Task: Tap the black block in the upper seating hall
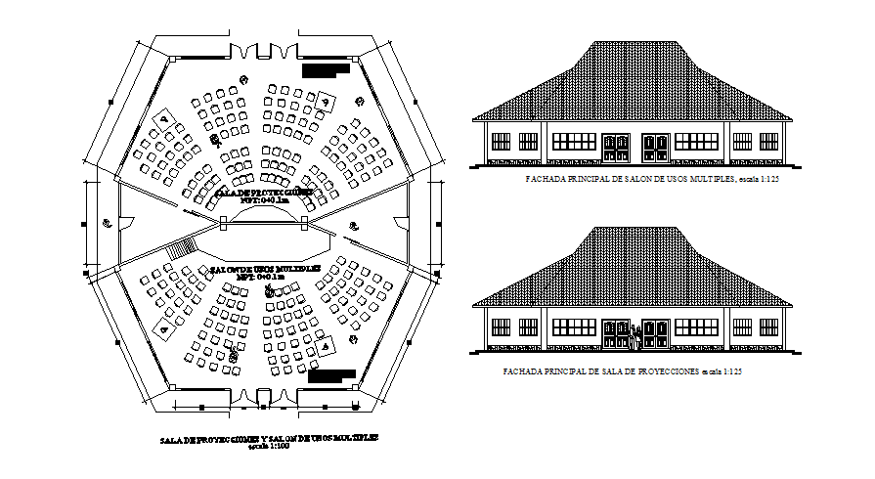tap(326, 70)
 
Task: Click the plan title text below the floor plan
tap(268, 439)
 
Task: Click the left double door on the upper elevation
tap(616, 148)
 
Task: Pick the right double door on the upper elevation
tap(654, 148)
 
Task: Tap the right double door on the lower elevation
tap(654, 334)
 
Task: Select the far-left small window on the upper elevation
tap(501, 142)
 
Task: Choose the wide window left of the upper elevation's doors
tap(574, 141)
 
